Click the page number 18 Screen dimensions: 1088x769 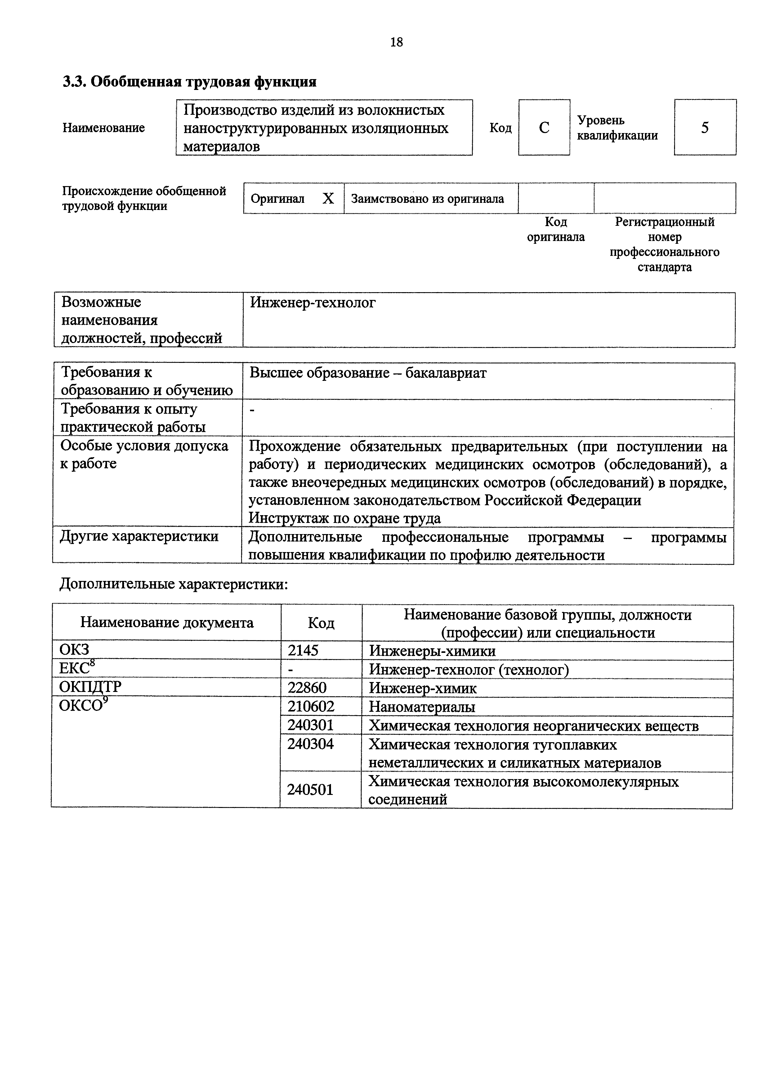(x=396, y=43)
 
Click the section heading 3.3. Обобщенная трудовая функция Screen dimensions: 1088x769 (x=190, y=82)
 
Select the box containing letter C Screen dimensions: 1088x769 (x=544, y=127)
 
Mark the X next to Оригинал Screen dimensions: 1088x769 (x=328, y=198)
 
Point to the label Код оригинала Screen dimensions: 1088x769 (x=556, y=229)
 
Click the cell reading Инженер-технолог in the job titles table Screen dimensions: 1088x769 (x=313, y=302)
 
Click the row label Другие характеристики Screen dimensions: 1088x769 (x=139, y=537)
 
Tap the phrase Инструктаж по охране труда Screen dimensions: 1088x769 (x=344, y=518)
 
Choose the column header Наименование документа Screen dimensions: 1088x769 (x=167, y=623)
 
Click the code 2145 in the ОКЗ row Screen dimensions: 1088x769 (x=303, y=651)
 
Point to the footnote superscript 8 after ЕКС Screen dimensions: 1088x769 (x=92, y=664)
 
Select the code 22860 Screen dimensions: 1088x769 (x=307, y=688)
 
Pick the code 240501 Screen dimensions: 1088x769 (x=310, y=789)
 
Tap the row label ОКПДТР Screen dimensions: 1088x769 (x=90, y=687)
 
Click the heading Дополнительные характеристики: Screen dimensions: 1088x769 (x=173, y=584)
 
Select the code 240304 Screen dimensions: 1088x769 (x=310, y=744)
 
